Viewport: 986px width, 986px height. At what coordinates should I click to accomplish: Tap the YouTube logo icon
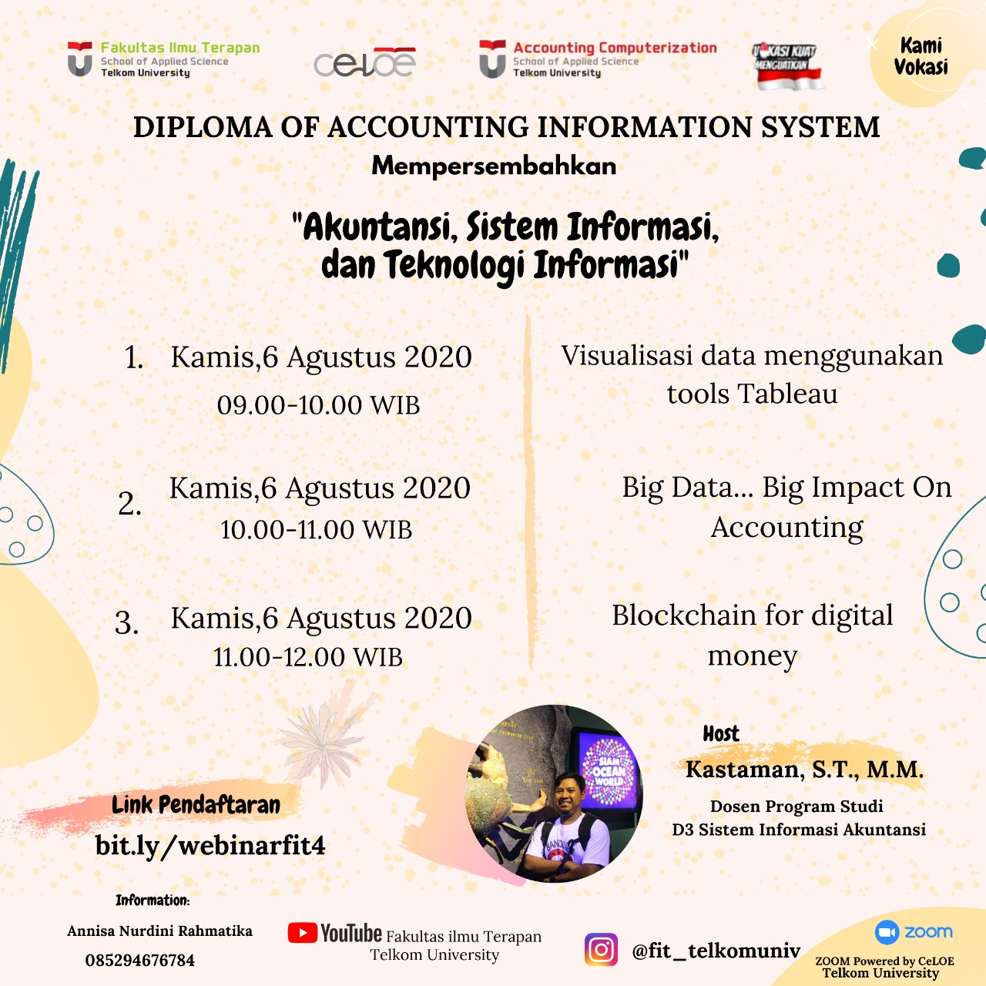303,933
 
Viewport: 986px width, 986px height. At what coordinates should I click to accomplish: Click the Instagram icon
601,949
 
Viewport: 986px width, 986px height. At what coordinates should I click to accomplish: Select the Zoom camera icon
887,932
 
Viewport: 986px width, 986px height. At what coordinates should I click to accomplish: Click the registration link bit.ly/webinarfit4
210,846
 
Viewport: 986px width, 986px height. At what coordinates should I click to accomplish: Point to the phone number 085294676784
139,961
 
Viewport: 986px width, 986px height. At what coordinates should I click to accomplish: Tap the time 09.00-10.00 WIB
318,405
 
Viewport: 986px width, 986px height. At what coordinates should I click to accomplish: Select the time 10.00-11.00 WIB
316,530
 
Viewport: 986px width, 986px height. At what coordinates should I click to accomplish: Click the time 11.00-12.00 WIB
308,657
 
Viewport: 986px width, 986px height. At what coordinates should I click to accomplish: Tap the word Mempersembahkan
494,166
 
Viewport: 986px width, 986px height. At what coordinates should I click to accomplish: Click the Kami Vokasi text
921,56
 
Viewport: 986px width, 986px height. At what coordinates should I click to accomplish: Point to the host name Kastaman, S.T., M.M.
804,770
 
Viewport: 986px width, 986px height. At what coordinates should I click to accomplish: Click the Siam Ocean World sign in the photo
609,770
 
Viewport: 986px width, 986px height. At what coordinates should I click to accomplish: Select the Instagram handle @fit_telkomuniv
716,951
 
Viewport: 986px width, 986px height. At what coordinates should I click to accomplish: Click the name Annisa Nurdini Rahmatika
159,931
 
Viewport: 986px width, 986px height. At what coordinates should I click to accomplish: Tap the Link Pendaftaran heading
196,805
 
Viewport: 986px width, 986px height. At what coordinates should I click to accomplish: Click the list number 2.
129,504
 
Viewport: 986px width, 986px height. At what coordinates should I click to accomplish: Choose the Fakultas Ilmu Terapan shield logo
79,59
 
